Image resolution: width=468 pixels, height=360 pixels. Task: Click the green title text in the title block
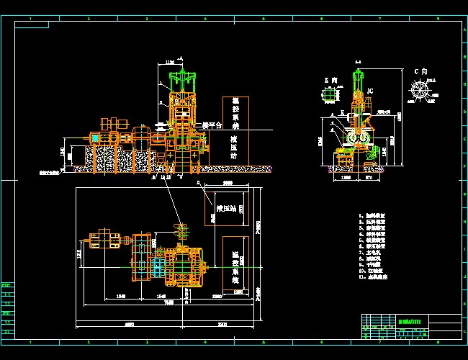413,320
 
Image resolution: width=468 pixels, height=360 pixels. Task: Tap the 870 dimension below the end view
369,176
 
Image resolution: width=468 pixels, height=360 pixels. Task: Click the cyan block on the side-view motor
95,136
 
